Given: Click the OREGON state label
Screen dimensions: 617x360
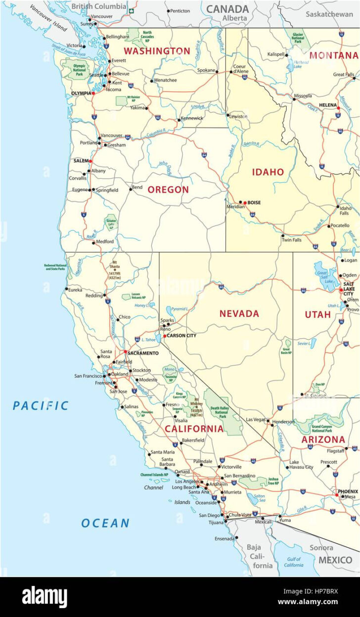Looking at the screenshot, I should point(168,190).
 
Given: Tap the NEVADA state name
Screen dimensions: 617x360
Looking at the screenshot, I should point(239,313).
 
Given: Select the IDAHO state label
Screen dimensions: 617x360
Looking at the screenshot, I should point(268,172).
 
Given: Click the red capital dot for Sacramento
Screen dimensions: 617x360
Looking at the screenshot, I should point(125,353).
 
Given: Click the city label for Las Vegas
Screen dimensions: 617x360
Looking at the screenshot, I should point(256,419).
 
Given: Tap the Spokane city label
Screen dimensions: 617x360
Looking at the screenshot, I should point(206,71).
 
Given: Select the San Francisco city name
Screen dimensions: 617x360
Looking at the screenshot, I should point(88,376).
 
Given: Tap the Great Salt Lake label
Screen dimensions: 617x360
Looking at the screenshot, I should point(321,275).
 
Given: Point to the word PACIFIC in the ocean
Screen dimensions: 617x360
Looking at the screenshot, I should point(41,406).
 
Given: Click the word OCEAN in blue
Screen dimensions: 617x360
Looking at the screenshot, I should point(105,523).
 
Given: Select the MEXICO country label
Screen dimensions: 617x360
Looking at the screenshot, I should point(335,560).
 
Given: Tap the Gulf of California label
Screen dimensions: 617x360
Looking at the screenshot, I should point(294,562).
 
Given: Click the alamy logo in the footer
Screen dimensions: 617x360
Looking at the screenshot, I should point(45,597).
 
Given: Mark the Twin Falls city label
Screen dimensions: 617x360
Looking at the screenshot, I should point(291,240).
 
